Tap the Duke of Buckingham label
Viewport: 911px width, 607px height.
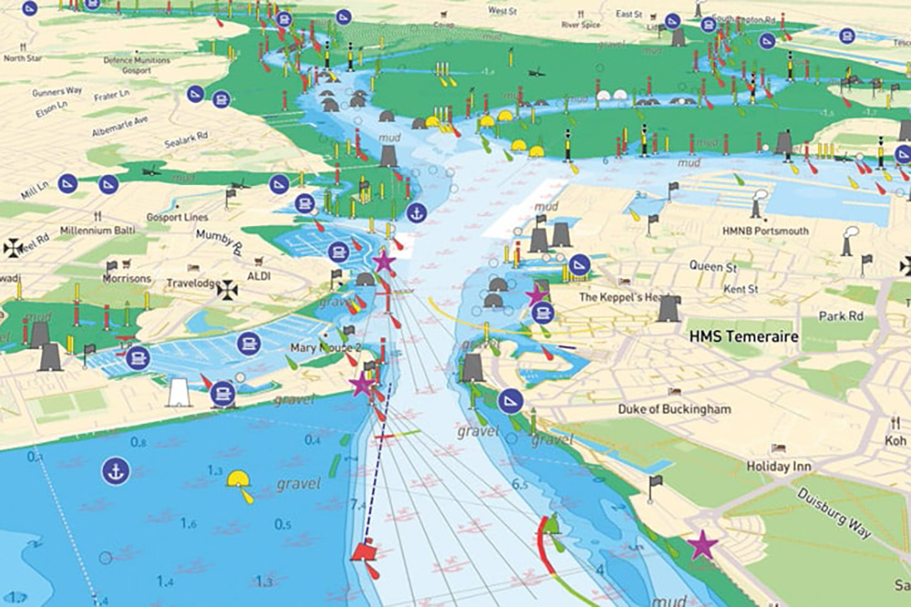coord(674,409)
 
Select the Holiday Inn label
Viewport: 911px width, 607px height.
coord(778,466)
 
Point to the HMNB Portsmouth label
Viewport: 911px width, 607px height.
coord(765,231)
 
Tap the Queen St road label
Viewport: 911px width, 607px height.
coord(711,266)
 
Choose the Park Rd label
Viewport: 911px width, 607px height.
coord(840,316)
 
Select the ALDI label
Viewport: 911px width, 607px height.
coord(260,275)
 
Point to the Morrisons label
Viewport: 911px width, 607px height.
coord(128,278)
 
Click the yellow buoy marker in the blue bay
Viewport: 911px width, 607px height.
coord(241,480)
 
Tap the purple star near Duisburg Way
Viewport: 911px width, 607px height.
coord(701,545)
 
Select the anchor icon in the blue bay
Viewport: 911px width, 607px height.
coord(116,471)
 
